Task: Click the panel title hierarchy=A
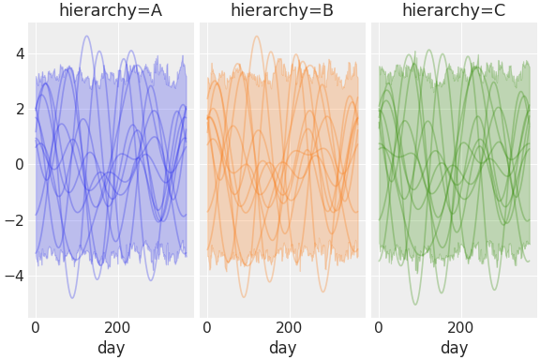coord(111,11)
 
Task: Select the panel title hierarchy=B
coord(282,11)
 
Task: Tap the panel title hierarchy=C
coord(454,11)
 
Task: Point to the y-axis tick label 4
coord(18,53)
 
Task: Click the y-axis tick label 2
coord(18,109)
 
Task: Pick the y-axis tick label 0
coord(18,164)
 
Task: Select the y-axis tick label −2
coord(14,219)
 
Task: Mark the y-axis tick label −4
coord(14,276)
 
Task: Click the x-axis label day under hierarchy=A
coord(111,348)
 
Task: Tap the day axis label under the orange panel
coord(282,348)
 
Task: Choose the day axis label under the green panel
coord(454,348)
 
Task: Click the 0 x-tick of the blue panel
coord(36,328)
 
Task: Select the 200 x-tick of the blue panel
coord(117,328)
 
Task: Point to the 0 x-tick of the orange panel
coord(207,328)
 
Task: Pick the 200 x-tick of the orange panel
coord(289,328)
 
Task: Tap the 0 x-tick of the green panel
coord(379,328)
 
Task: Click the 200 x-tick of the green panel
coord(460,328)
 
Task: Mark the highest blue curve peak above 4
coord(87,37)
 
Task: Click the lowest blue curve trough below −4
coord(71,298)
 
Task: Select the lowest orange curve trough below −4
coord(245,297)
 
